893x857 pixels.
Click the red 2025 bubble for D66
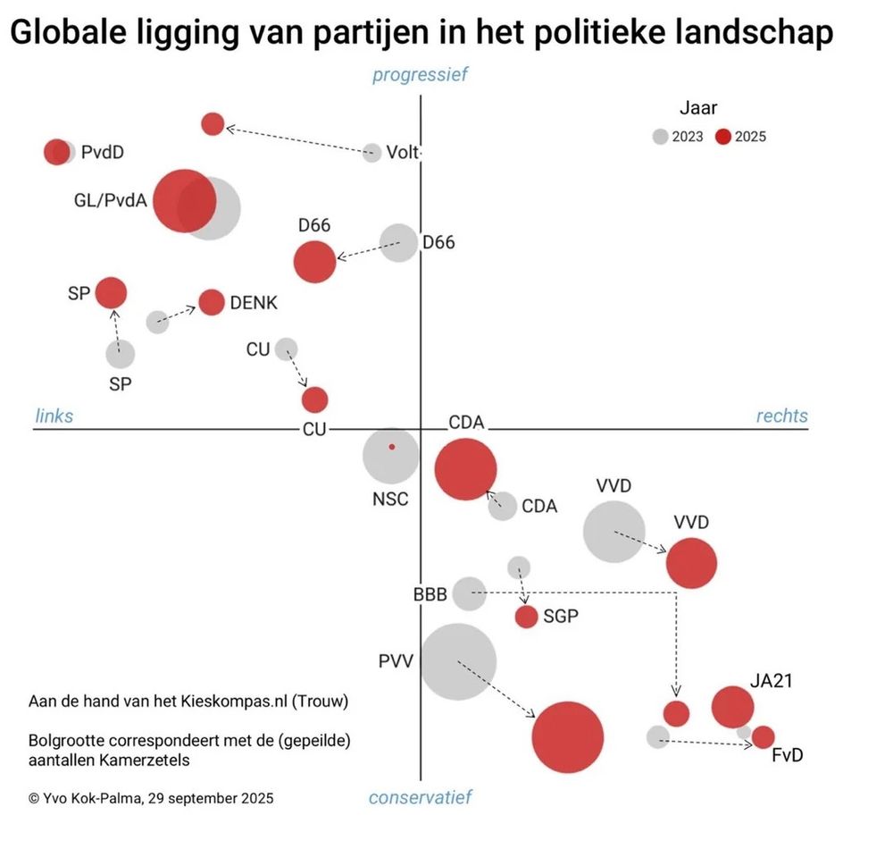(x=314, y=262)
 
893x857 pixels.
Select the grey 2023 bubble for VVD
(x=614, y=532)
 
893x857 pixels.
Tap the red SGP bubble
(x=527, y=616)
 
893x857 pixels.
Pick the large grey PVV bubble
(x=458, y=662)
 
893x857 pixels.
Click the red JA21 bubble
(x=732, y=707)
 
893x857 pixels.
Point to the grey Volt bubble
(x=372, y=153)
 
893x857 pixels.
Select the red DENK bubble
(x=212, y=303)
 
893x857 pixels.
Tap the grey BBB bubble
(x=469, y=593)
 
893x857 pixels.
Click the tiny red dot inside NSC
(x=391, y=447)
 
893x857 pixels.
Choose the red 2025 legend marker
(x=723, y=137)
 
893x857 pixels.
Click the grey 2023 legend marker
(x=659, y=137)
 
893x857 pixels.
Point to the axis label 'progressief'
(x=420, y=75)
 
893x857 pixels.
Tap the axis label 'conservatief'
(x=420, y=797)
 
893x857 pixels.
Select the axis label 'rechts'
(x=781, y=416)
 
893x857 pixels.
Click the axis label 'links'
(x=54, y=416)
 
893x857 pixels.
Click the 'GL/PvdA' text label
(x=111, y=200)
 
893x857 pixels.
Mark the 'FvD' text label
(x=787, y=756)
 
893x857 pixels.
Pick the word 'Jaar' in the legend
(x=698, y=109)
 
